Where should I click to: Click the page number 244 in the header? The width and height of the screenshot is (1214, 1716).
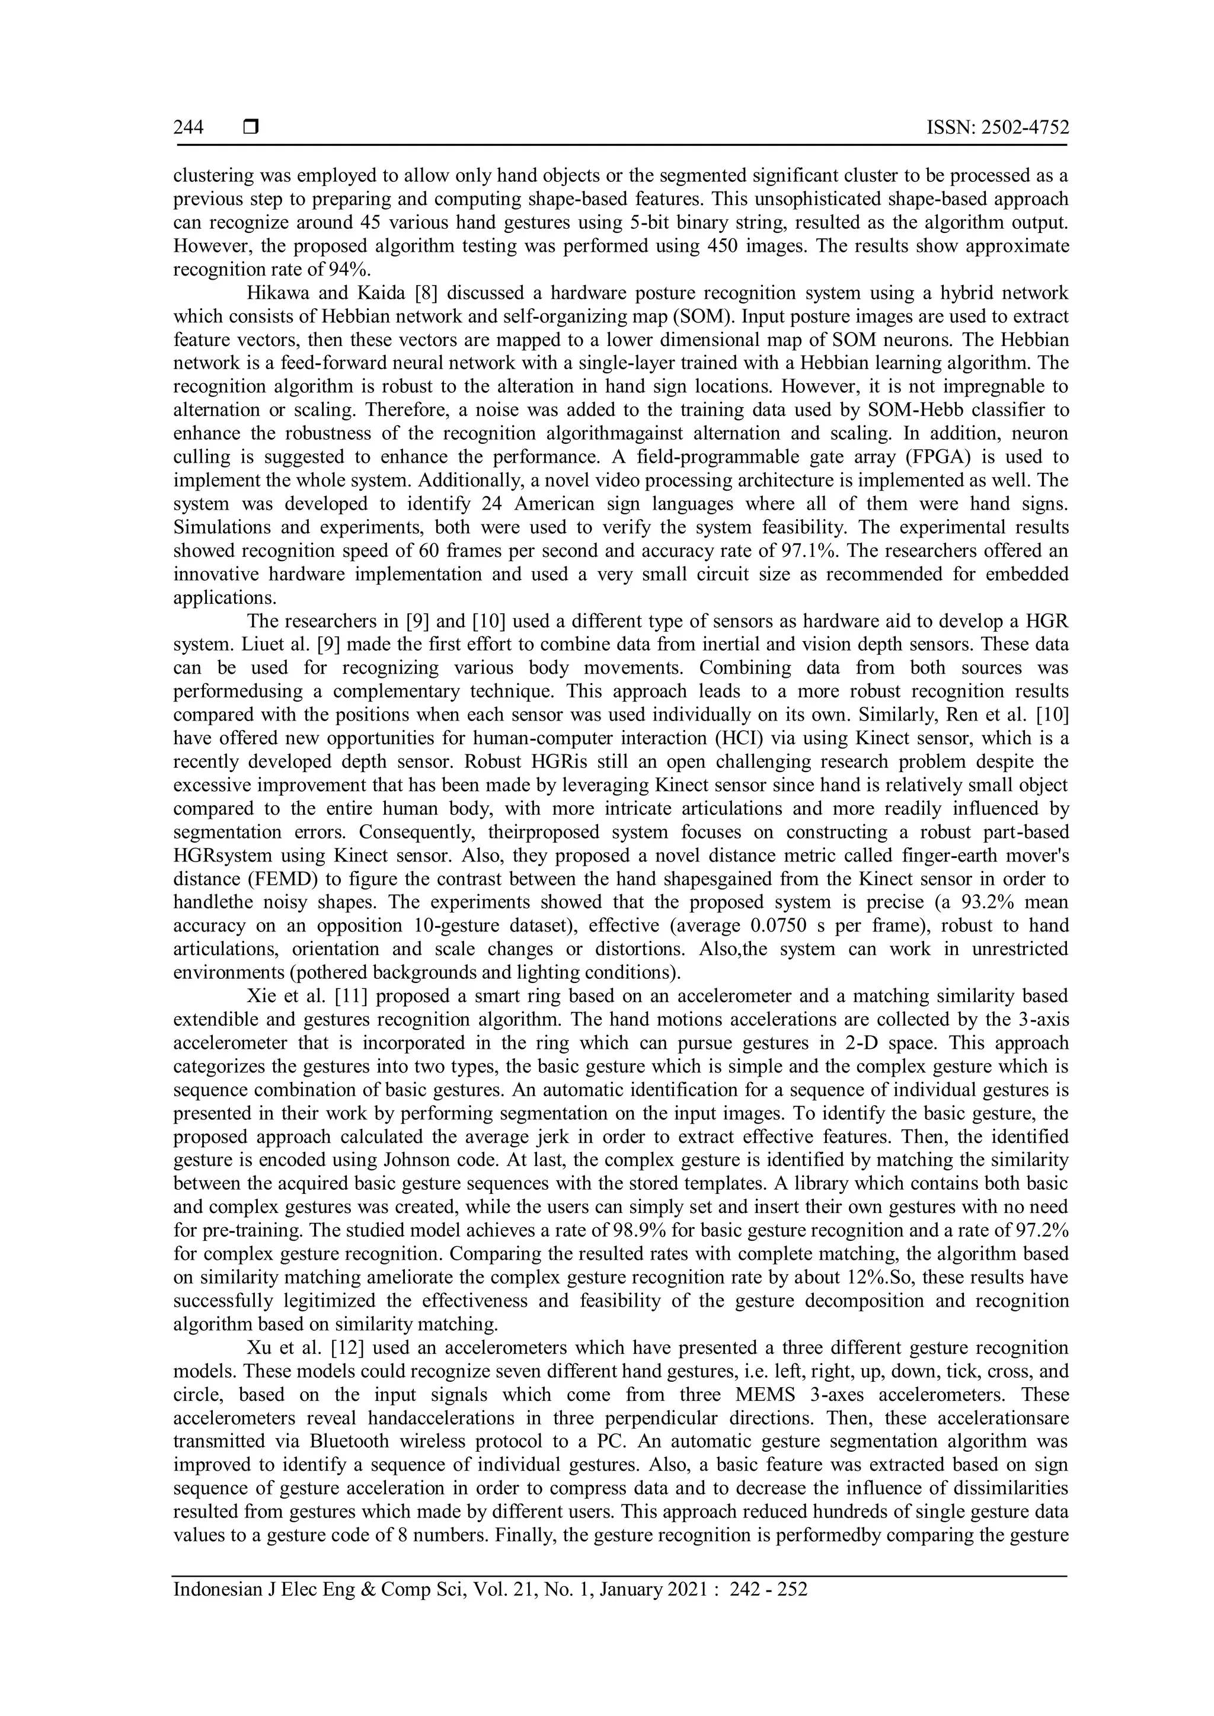(x=189, y=128)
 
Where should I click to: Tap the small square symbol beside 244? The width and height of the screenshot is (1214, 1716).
(x=250, y=128)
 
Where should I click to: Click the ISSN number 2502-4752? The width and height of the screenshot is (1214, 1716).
(x=1023, y=128)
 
